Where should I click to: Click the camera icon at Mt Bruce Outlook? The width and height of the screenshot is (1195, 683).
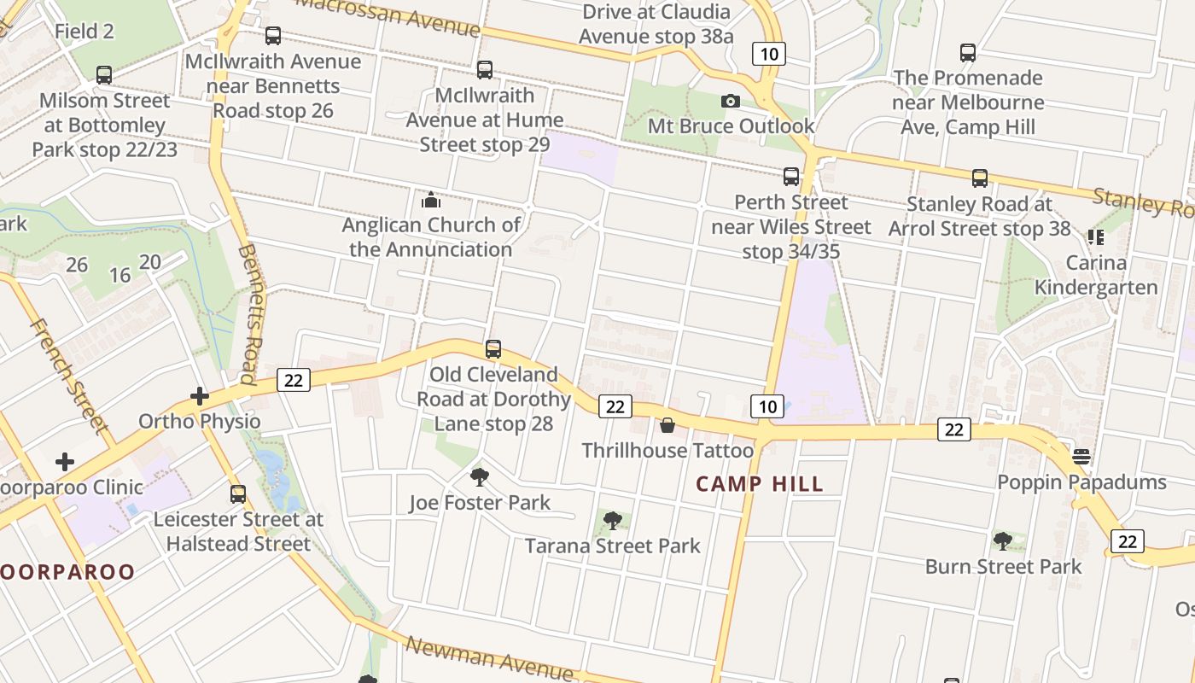730,102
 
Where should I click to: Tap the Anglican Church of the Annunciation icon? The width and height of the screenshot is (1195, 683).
431,201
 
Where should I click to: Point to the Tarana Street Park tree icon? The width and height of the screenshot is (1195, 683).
612,521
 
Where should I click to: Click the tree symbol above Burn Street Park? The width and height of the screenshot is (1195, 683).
1003,541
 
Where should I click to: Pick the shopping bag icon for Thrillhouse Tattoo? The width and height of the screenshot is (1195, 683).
667,425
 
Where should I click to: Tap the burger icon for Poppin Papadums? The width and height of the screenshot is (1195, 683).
1081,457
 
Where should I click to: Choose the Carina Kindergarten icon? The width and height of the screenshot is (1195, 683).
1096,237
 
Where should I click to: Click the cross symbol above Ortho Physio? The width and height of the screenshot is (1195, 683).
200,396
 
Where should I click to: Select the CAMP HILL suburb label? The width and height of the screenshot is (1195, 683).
760,484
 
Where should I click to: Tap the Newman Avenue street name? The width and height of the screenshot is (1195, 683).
489,657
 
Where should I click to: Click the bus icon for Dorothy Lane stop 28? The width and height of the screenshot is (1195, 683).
493,349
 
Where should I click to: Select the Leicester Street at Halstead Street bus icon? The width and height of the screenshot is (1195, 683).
238,493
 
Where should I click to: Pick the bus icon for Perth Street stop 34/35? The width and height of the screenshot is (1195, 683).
791,177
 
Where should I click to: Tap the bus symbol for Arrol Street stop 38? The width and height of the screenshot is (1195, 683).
980,178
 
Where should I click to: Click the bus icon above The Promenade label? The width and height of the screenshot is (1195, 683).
968,53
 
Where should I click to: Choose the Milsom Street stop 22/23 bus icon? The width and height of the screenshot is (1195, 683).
104,75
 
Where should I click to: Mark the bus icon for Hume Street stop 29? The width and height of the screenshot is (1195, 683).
485,70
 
